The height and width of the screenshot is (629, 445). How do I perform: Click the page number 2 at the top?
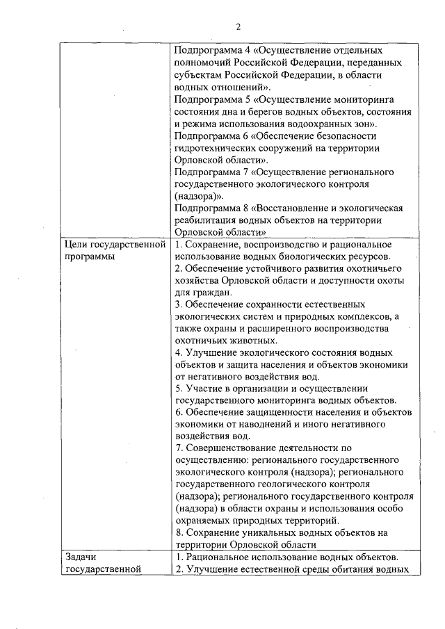coord(238,27)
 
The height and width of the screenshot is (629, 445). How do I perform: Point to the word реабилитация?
coord(205,220)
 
